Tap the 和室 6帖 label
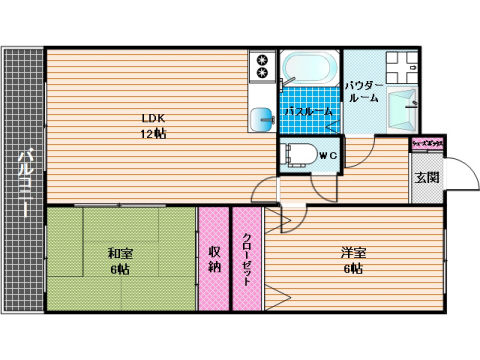(120, 261)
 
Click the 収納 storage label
(213, 259)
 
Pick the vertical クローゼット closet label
(247, 259)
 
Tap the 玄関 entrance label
(427, 178)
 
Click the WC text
(327, 154)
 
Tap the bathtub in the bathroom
(308, 69)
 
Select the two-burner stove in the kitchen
(263, 66)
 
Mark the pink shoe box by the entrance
(427, 145)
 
